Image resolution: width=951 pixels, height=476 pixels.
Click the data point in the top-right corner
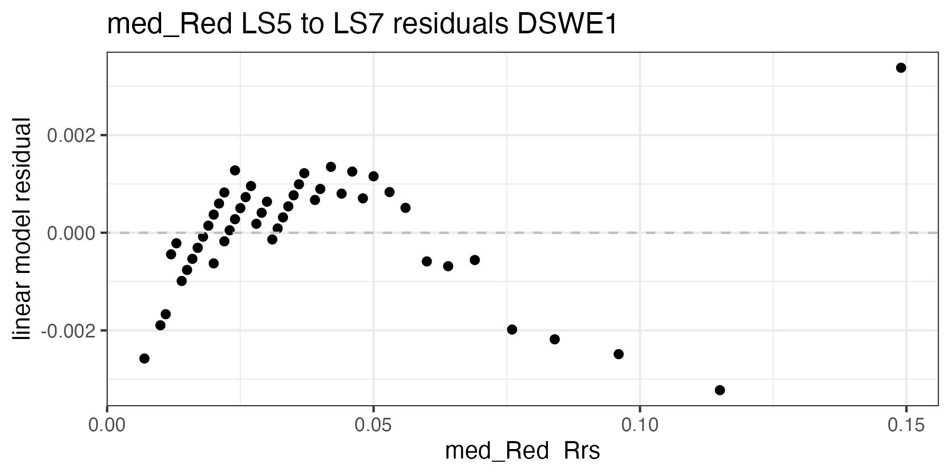click(x=901, y=68)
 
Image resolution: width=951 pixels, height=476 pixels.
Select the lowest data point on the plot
click(x=720, y=390)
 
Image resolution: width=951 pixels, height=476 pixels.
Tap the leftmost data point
click(x=144, y=359)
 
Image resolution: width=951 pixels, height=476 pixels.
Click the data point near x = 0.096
click(x=619, y=354)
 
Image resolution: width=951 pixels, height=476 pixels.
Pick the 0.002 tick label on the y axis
click(x=72, y=135)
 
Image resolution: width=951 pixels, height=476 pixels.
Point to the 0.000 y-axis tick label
click(x=72, y=233)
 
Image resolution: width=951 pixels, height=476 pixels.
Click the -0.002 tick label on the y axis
click(x=70, y=331)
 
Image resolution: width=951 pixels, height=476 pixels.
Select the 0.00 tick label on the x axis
click(x=108, y=426)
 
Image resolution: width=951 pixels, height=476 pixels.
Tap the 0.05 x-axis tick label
click(x=374, y=426)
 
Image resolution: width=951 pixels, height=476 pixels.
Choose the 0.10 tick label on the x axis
click(x=640, y=426)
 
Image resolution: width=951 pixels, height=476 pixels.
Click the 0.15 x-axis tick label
click(x=906, y=426)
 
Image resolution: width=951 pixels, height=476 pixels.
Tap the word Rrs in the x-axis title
click(x=582, y=451)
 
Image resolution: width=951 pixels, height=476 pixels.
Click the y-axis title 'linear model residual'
click(x=22, y=230)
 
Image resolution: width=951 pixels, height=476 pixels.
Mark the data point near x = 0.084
click(x=555, y=339)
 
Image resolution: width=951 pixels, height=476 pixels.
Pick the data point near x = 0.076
click(x=512, y=329)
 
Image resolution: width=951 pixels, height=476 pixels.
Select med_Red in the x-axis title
click(x=497, y=451)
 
